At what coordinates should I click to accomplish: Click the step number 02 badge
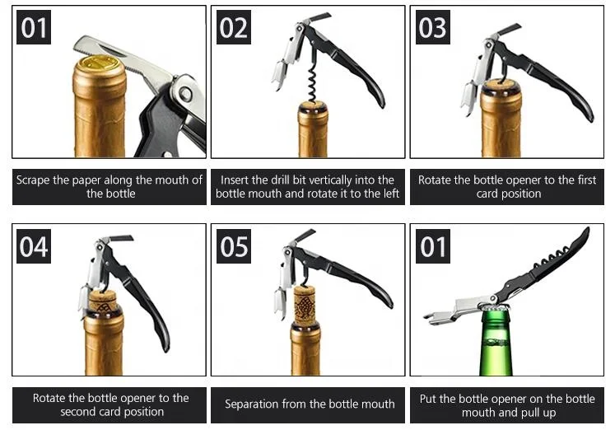(x=234, y=29)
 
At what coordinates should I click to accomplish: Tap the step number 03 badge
(x=432, y=29)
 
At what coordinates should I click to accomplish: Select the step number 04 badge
(x=34, y=246)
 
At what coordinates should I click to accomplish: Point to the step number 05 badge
(x=234, y=246)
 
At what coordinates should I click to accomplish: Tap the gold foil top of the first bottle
(x=100, y=63)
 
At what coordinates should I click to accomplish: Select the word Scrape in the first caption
(x=35, y=180)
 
